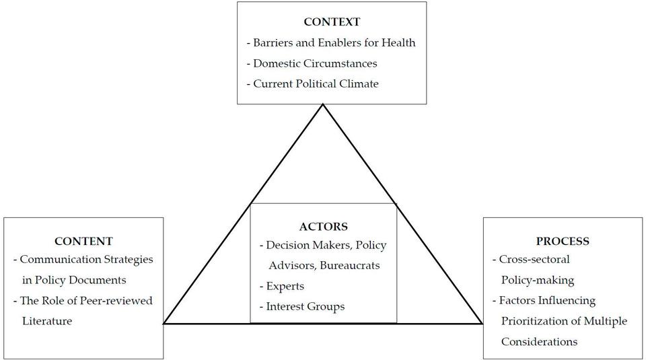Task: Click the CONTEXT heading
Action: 332,22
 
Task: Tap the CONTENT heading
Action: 83,241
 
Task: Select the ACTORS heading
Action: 324,227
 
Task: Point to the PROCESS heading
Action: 563,241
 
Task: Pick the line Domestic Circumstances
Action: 312,63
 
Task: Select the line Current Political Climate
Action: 313,83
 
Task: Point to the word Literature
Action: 47,321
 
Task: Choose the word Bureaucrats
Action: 350,265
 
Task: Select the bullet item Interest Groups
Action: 302,306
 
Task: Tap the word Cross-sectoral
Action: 534,260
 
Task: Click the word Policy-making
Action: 538,281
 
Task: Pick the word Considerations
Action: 539,342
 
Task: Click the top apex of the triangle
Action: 323,104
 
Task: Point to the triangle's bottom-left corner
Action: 164,324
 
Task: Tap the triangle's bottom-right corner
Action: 482,324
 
